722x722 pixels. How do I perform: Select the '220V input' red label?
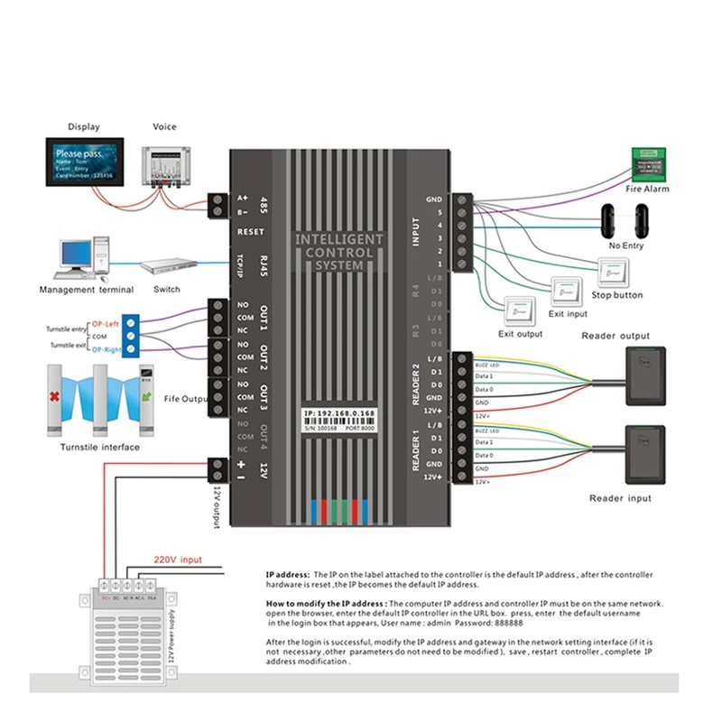(x=178, y=559)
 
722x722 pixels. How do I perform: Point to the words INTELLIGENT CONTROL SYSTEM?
(x=339, y=253)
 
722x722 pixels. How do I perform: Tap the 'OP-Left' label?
(x=104, y=323)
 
